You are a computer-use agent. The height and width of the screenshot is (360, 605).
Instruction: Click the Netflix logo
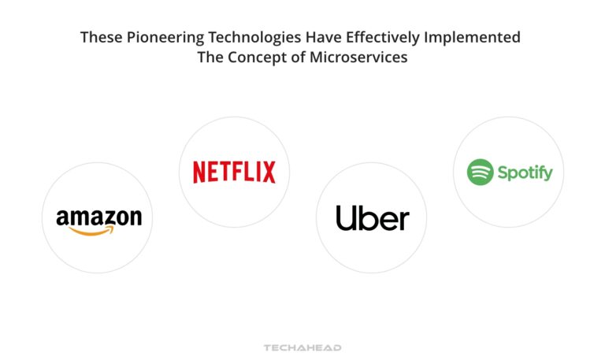pyautogui.click(x=234, y=172)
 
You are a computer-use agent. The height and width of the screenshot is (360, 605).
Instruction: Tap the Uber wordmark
pyautogui.click(x=372, y=218)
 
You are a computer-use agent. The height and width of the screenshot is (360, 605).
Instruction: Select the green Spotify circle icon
pyautogui.click(x=480, y=172)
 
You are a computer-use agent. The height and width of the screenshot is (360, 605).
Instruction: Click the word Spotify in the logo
pyautogui.click(x=525, y=173)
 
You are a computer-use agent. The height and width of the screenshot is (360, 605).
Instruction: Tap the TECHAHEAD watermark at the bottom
pyautogui.click(x=302, y=347)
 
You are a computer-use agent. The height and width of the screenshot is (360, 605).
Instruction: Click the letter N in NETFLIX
pyautogui.click(x=199, y=172)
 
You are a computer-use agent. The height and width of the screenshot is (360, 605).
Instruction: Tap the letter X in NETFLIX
pyautogui.click(x=268, y=172)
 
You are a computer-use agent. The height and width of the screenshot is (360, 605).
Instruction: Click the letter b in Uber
pyautogui.click(x=369, y=218)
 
